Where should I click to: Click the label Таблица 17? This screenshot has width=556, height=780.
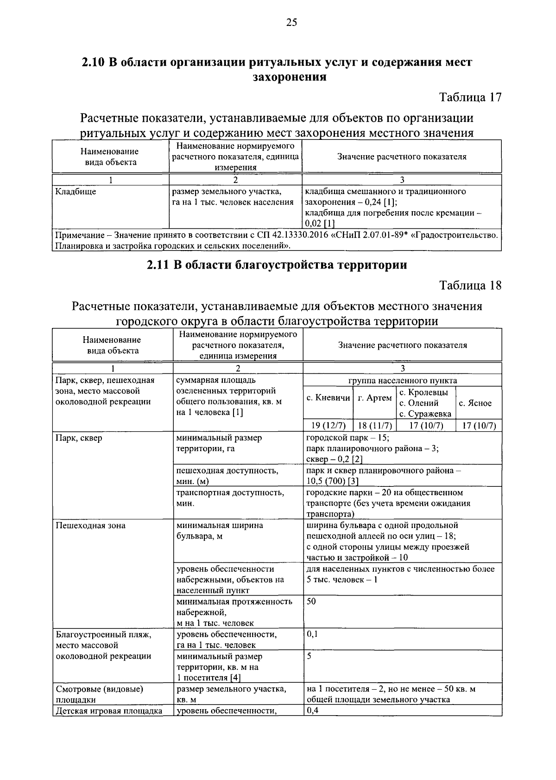pyautogui.click(x=470, y=98)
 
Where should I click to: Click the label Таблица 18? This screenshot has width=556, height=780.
pyautogui.click(x=470, y=285)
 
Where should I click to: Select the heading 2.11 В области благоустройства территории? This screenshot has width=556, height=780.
pyautogui.click(x=277, y=265)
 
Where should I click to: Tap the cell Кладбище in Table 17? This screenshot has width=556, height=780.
pyautogui.click(x=76, y=192)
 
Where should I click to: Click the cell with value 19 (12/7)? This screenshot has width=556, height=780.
pyautogui.click(x=328, y=426)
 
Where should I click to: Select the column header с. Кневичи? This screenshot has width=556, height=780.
pyautogui.click(x=328, y=398)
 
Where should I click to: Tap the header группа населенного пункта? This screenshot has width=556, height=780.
pyautogui.click(x=402, y=381)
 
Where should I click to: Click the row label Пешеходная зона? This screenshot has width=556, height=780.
pyautogui.click(x=90, y=526)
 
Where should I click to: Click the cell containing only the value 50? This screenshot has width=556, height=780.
pyautogui.click(x=311, y=602)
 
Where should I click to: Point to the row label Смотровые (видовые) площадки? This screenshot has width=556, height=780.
pyautogui.click(x=99, y=694)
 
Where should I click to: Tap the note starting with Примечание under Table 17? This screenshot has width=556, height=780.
pyautogui.click(x=276, y=240)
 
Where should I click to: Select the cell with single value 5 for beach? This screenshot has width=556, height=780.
pyautogui.click(x=309, y=656)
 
